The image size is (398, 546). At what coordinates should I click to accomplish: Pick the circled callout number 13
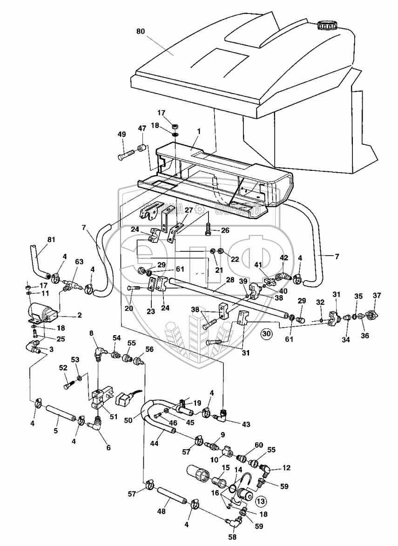click(x=261, y=500)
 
